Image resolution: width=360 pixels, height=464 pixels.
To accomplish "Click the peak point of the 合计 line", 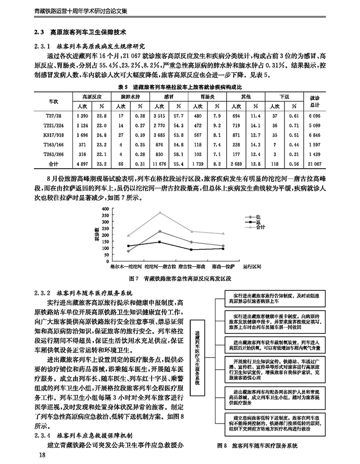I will pyautogui.click(x=160, y=213).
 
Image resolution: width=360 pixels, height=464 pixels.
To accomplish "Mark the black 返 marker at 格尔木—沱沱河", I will pyautogui.click(x=128, y=246).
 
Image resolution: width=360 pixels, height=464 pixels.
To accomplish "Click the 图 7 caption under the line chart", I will pyautogui.click(x=180, y=279).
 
